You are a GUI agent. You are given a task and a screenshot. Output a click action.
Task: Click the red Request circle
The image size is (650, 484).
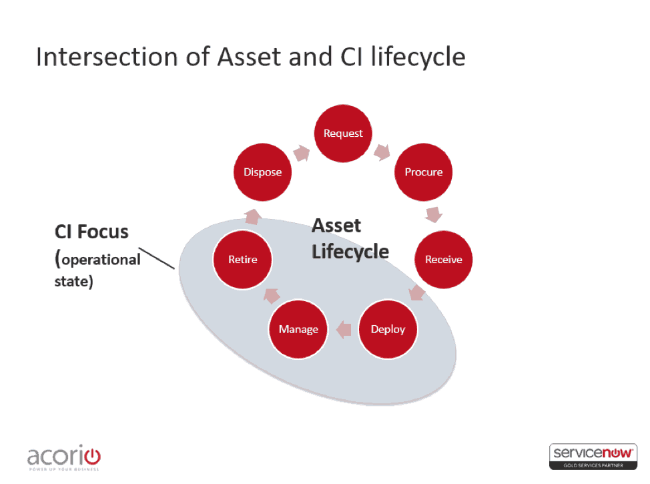(x=343, y=134)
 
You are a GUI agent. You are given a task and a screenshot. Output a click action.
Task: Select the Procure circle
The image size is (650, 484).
(x=424, y=172)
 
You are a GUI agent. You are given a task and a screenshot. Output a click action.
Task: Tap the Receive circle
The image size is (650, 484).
(x=443, y=260)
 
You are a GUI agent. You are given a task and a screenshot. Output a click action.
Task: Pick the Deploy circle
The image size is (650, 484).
(x=388, y=329)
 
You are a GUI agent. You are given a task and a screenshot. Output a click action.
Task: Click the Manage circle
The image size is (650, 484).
(x=298, y=329)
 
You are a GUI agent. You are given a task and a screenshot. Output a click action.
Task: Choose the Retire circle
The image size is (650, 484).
(x=242, y=260)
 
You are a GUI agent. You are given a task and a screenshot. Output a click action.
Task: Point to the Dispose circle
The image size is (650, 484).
(x=262, y=172)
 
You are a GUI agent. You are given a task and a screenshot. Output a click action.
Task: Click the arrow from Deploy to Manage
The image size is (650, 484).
(x=343, y=328)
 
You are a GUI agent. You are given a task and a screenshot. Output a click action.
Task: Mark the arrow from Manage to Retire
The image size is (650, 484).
(x=272, y=294)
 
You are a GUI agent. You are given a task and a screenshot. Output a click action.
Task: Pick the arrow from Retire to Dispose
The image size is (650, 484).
(x=252, y=216)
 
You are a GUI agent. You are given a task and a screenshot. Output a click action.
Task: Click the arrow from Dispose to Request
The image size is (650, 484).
(x=302, y=153)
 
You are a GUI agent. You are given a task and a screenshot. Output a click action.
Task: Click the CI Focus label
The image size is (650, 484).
(x=91, y=232)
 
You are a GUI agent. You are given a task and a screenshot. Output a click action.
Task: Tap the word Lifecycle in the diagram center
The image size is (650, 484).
(x=350, y=252)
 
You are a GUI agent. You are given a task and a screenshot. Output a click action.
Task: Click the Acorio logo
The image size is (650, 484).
(x=64, y=457)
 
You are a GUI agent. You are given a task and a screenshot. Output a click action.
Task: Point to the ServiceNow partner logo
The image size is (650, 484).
(x=593, y=456)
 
